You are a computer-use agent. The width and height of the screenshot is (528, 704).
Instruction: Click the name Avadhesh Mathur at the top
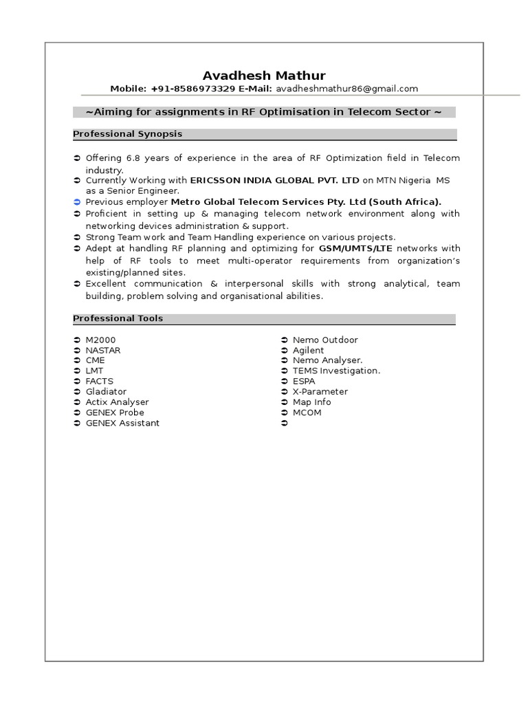264,76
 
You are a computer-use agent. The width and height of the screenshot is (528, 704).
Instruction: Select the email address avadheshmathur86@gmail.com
346,89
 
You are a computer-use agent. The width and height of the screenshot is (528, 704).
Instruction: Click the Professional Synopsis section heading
127,134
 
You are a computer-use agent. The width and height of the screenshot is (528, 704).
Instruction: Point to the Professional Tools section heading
118,318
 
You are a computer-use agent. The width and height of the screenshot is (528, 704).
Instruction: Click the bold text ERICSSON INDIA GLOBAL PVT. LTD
274,180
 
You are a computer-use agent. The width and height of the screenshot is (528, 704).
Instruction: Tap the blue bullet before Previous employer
77,202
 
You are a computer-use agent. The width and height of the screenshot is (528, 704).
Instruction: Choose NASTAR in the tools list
102,350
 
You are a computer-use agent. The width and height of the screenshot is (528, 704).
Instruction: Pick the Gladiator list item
106,392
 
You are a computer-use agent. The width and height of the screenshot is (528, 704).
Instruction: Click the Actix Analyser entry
117,402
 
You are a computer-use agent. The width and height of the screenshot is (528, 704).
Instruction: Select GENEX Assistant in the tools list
122,423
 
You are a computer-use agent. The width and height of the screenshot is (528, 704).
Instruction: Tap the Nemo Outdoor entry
325,340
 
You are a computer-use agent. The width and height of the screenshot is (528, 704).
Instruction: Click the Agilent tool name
308,350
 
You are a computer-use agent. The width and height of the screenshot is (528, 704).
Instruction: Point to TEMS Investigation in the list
336,371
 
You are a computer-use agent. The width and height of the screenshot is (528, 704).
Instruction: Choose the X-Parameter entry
320,392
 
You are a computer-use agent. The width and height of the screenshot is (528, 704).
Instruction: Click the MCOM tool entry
307,412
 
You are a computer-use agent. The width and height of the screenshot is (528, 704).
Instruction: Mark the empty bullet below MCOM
285,423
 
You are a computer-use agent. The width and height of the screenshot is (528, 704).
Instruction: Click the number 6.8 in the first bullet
133,158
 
